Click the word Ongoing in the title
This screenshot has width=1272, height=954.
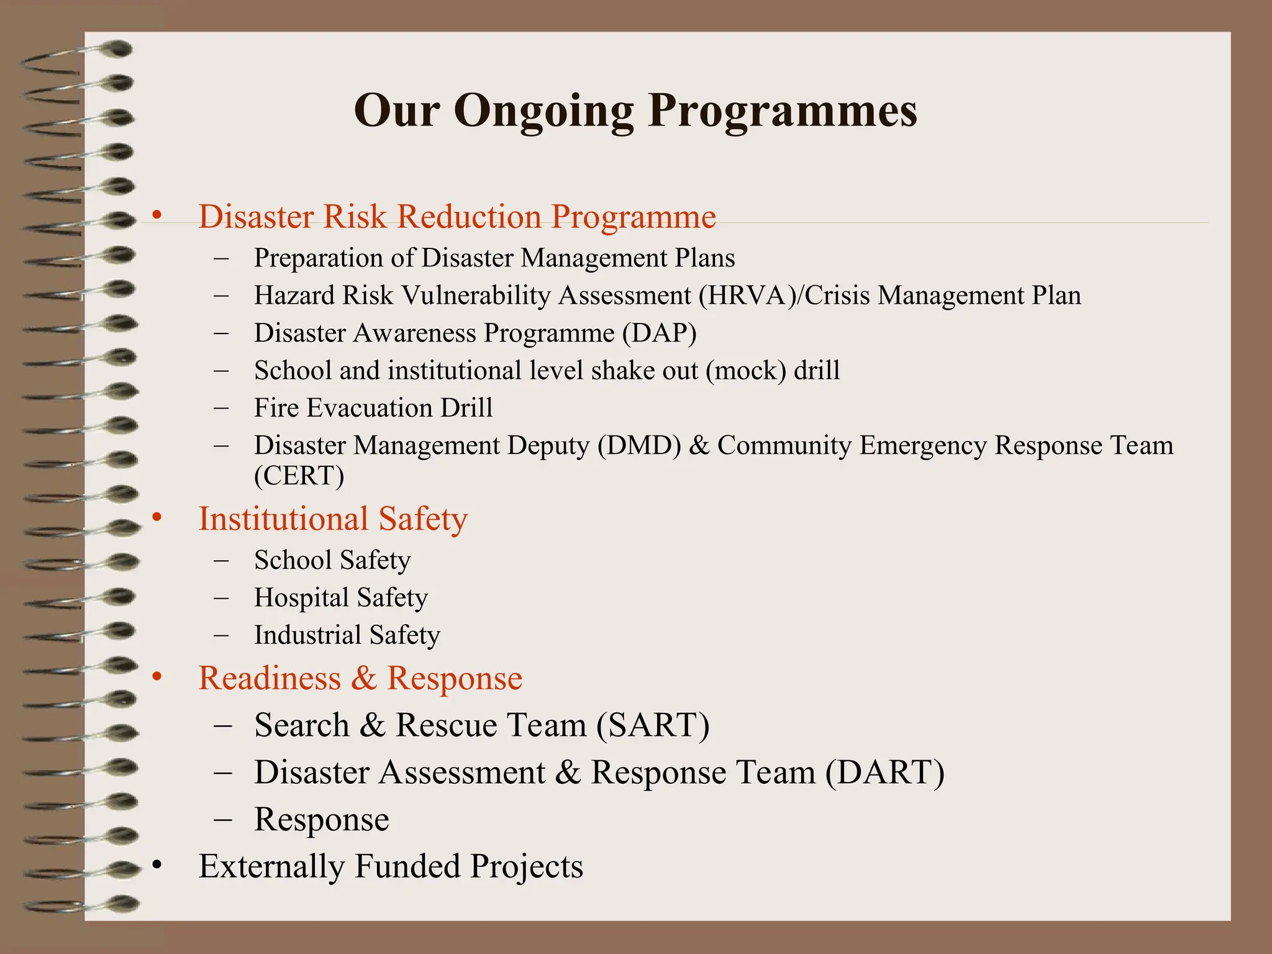(x=543, y=112)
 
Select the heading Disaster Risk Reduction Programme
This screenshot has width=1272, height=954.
(x=457, y=217)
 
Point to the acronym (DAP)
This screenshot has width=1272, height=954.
(x=659, y=334)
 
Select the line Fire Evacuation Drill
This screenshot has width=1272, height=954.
(x=373, y=408)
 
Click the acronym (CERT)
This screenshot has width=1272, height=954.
(x=299, y=476)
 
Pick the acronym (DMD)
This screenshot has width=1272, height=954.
(x=639, y=446)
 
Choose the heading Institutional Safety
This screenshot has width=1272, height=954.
(x=333, y=519)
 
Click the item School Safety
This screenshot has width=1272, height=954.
(x=332, y=560)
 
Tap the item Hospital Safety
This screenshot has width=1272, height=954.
(x=341, y=597)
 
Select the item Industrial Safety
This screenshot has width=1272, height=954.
(x=347, y=635)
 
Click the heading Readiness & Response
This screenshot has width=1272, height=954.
(x=360, y=678)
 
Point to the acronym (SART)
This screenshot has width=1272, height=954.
(x=652, y=725)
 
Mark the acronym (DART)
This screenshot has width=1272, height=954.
(x=884, y=772)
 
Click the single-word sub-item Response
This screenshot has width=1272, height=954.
(x=322, y=819)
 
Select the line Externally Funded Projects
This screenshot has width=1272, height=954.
(x=391, y=866)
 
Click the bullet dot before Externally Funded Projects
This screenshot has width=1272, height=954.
(x=157, y=865)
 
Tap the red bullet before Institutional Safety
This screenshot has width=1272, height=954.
(x=157, y=517)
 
